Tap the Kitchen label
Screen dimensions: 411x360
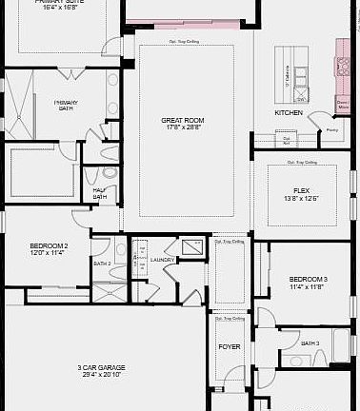tap(289, 112)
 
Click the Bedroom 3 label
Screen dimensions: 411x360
tap(309, 278)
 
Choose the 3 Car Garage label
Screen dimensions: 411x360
tap(102, 367)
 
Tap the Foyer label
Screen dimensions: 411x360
tap(230, 347)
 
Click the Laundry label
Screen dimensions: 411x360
tap(162, 260)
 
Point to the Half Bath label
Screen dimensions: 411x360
tap(100, 193)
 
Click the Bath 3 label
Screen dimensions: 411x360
tap(310, 343)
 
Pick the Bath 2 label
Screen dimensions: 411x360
tap(102, 264)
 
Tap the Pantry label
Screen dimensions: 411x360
tap(332, 129)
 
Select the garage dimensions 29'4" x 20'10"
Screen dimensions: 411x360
tap(102, 375)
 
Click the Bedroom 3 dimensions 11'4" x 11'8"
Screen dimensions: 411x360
tap(309, 285)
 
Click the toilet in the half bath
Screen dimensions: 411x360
tap(108, 174)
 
